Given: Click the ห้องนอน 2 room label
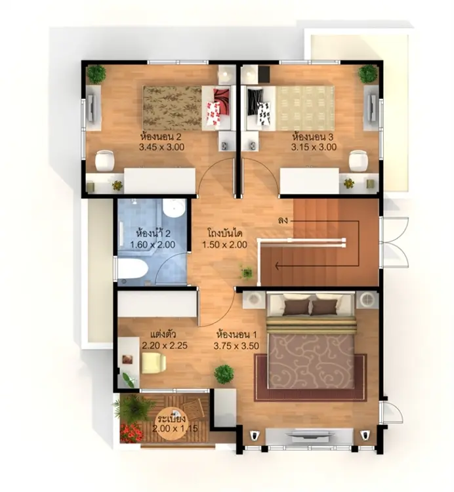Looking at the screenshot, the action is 161,137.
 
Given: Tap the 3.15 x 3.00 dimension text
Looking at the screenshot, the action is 314,147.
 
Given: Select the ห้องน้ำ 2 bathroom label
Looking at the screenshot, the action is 153,234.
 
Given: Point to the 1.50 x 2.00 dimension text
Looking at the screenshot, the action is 224,245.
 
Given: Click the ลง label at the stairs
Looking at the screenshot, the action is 283,220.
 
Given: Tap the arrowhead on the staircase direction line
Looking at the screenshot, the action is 278,266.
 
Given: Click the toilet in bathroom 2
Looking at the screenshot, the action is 173,208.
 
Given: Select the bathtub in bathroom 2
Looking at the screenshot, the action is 132,268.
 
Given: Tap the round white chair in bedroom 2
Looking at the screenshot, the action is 106,160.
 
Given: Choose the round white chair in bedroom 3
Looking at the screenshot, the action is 358,160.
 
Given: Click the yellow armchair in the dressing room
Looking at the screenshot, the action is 154,363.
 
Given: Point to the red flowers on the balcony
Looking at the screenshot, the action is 131,433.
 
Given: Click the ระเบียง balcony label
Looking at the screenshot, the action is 172,419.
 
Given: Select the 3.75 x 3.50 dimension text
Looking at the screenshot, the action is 236,346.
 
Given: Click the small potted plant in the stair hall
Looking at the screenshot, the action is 247,272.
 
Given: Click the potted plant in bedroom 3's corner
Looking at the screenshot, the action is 367,74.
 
